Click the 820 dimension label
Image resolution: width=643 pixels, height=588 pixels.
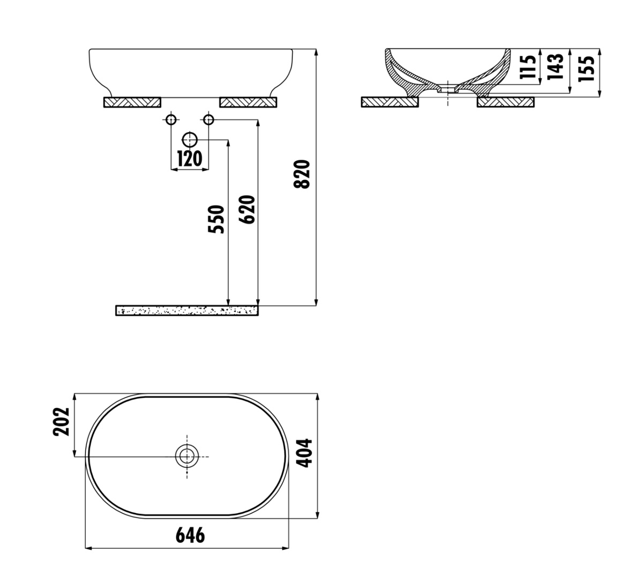click(302, 174)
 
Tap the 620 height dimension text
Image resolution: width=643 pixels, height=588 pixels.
click(247, 209)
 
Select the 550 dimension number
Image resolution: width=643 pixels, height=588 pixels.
click(216, 219)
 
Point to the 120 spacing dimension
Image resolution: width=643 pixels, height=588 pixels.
click(190, 159)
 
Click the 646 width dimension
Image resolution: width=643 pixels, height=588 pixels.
click(190, 535)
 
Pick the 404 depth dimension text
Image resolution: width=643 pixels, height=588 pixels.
click(304, 453)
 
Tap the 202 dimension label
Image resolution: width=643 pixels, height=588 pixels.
click(61, 422)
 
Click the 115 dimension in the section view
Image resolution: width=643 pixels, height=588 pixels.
click(528, 66)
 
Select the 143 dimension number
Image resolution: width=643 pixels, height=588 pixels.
click(555, 66)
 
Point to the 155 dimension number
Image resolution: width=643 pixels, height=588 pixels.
click(586, 68)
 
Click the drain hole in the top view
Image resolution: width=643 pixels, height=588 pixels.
click(187, 456)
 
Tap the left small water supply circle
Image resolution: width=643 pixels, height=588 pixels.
click(171, 120)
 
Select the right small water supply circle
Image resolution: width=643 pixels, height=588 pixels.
click(208, 120)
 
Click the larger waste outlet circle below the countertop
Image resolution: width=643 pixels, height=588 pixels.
click(190, 140)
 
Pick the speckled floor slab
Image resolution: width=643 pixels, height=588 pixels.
click(187, 310)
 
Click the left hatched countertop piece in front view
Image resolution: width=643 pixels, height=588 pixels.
click(132, 102)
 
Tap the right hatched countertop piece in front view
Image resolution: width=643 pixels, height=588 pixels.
click(248, 102)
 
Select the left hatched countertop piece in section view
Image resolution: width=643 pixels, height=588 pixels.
click(390, 102)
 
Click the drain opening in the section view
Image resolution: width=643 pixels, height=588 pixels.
click(448, 89)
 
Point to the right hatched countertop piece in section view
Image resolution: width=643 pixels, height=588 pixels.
click(506, 102)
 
